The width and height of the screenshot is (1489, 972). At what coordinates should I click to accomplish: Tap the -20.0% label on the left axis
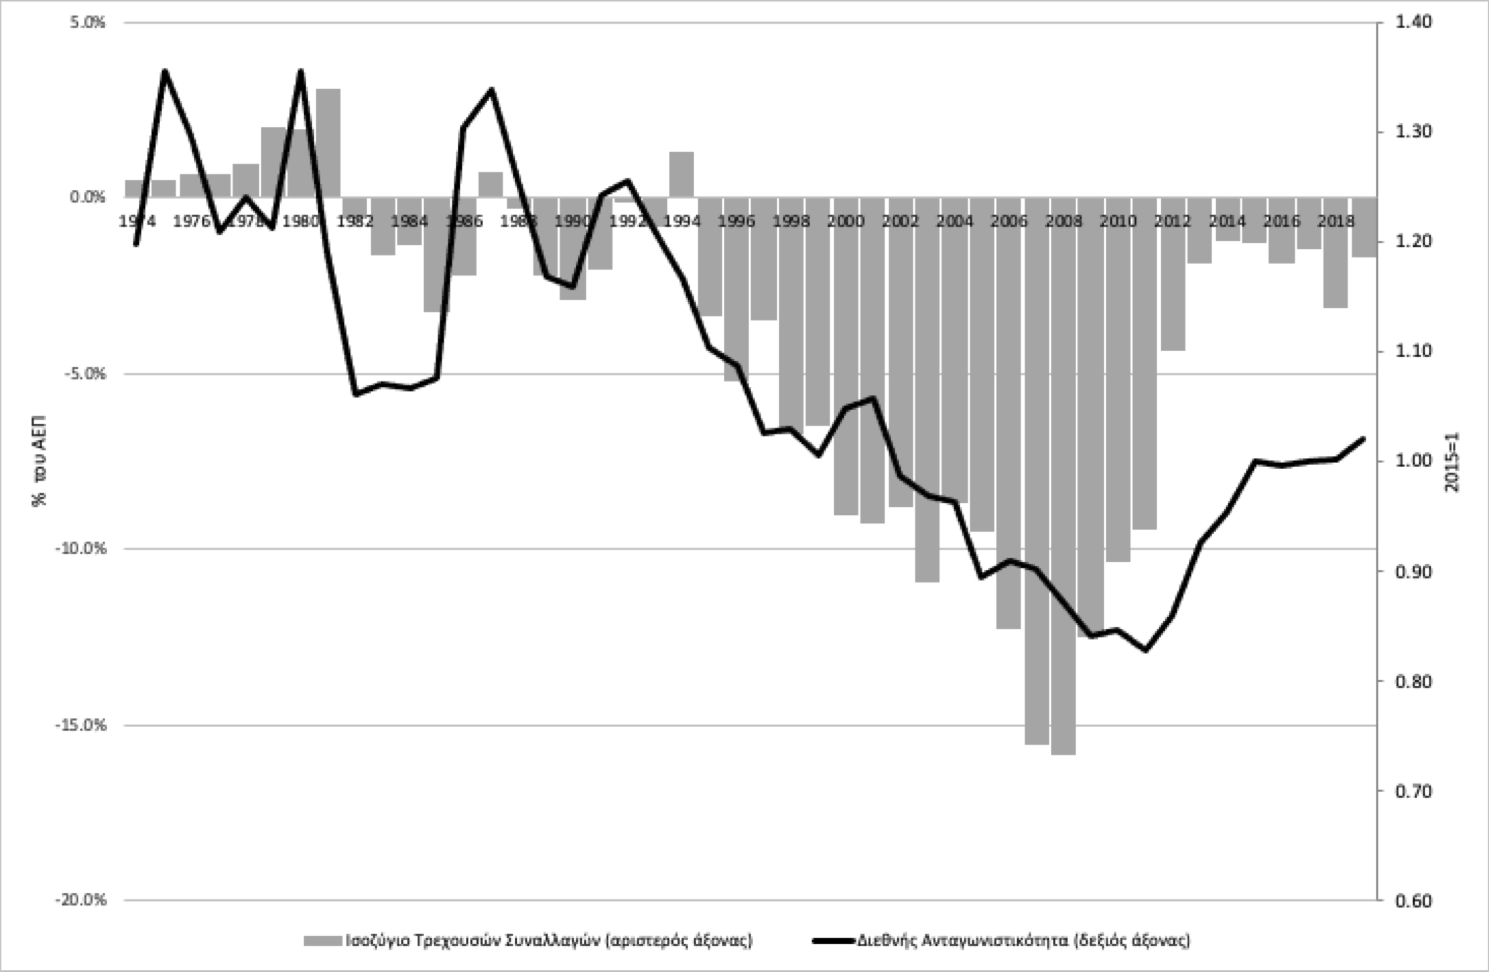pyautogui.click(x=81, y=900)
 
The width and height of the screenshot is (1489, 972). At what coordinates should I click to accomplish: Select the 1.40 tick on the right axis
pyautogui.click(x=1413, y=22)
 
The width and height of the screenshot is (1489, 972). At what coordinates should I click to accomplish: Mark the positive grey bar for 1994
pyautogui.click(x=681, y=174)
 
